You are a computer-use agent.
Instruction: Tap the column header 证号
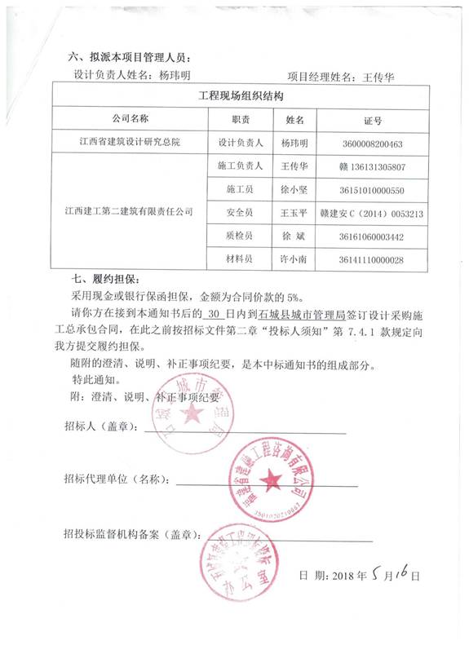(373, 120)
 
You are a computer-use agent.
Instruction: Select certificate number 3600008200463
(374, 143)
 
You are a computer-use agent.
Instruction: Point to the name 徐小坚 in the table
(293, 190)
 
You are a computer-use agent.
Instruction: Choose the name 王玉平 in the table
(293, 213)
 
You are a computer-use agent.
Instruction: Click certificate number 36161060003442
(374, 236)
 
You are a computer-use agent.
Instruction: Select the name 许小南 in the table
(293, 259)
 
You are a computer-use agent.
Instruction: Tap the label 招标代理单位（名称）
(117, 479)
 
